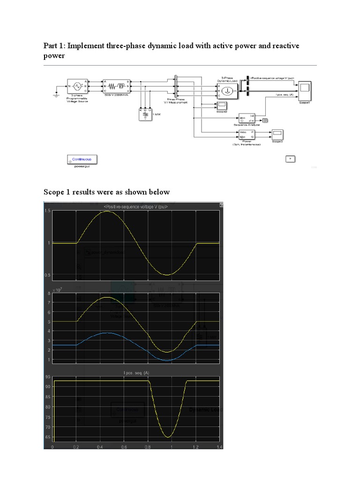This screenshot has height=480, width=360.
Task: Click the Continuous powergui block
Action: tap(83, 159)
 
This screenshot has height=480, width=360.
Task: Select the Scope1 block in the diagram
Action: tap(305, 88)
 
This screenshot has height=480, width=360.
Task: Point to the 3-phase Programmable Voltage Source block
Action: tap(76, 87)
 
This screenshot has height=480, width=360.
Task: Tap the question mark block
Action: tap(291, 159)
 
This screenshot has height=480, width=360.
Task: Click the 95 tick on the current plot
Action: tap(48, 377)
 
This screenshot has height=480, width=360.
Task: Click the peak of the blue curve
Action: tap(107, 333)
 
